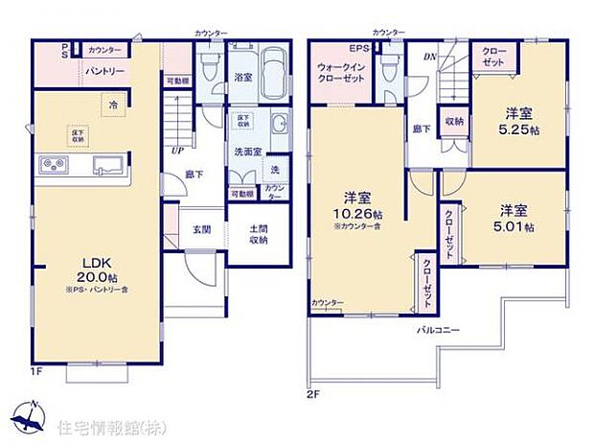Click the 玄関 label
click(201, 229)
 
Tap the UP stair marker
click(177, 151)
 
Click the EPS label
click(358, 47)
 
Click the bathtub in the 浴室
click(276, 69)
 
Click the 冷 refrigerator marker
click(113, 106)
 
